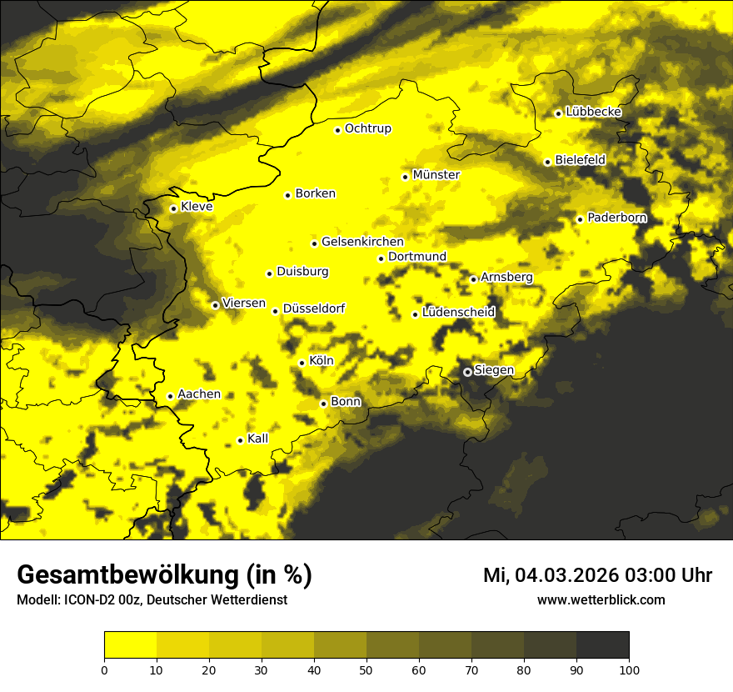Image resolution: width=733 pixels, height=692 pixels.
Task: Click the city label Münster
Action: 436,175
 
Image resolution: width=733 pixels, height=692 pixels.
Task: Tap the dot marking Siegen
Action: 467,372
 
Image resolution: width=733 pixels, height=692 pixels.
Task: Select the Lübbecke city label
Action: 593,112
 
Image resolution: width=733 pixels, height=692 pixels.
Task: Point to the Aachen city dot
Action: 170,396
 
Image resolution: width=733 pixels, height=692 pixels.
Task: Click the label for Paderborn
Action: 616,218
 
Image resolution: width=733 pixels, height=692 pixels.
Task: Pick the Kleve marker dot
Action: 173,208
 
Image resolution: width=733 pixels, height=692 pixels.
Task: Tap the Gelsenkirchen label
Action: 362,242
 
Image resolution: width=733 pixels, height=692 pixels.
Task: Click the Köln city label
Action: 321,361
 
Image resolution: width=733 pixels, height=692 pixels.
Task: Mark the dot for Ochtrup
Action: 337,130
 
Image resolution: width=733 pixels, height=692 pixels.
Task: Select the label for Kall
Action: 257,439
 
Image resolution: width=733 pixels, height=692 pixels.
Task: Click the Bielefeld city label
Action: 580,160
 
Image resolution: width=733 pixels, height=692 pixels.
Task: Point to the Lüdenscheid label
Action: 458,313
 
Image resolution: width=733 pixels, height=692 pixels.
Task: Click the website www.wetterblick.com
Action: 601,599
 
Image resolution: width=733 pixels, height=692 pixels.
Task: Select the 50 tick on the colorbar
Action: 366,669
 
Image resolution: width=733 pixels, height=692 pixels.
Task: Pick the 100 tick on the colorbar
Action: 629,669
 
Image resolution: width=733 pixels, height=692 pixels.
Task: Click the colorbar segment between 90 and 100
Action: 602,644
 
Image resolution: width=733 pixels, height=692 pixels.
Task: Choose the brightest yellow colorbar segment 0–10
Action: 130,644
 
